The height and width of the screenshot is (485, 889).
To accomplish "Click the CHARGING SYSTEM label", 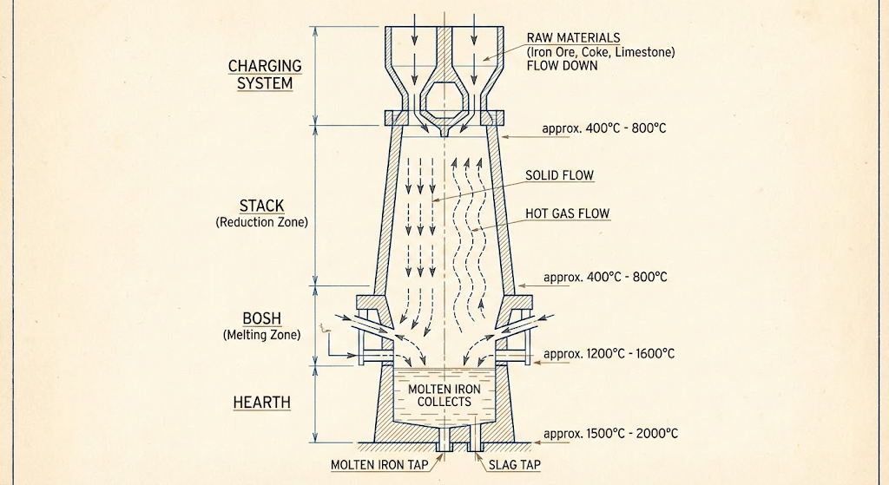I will (x=265, y=75).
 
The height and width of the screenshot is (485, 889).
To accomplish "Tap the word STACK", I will (x=261, y=206).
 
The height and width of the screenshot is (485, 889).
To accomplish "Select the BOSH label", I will (x=261, y=317).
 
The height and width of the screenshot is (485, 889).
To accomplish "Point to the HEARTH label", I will (x=261, y=403).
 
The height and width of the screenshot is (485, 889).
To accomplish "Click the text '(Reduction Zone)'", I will (x=261, y=223).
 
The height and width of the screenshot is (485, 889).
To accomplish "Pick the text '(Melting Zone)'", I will (x=261, y=334).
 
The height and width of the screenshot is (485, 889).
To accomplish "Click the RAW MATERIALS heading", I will (x=573, y=38).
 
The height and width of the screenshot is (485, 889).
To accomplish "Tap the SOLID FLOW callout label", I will (x=559, y=176).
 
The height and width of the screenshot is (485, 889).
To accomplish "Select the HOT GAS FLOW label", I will (x=568, y=213).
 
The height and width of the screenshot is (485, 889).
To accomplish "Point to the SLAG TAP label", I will (x=515, y=465).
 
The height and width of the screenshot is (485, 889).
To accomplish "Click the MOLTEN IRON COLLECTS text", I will (x=444, y=396).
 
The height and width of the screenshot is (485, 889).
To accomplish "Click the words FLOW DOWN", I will (x=562, y=65).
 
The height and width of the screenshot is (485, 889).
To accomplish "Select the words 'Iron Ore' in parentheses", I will (x=552, y=52).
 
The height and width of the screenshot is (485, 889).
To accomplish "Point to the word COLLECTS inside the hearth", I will (x=444, y=402).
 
